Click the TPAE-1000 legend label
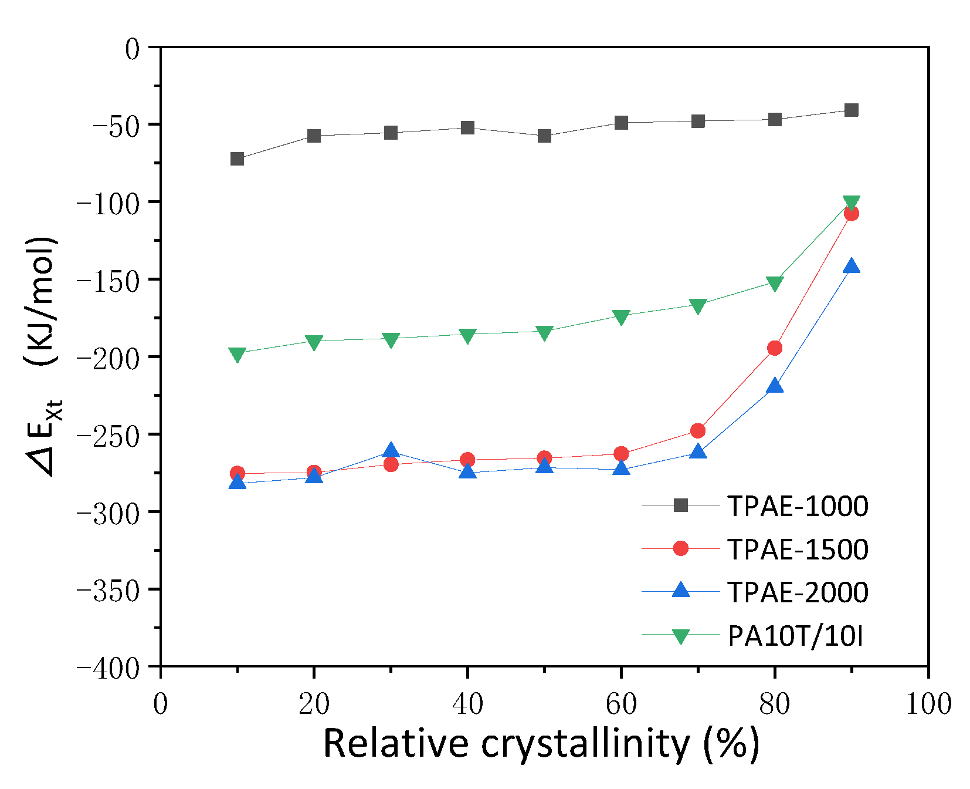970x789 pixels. [x=798, y=506]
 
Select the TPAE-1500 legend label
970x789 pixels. [x=798, y=549]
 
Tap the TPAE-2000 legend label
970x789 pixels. [x=798, y=592]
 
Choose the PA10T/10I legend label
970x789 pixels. [x=795, y=636]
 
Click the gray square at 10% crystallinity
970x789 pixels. [x=238, y=159]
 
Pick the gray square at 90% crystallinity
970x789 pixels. [x=852, y=110]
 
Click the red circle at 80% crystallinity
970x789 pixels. [x=775, y=349]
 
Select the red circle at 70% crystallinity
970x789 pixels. [x=698, y=431]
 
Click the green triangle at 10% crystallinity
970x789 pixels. [x=238, y=355]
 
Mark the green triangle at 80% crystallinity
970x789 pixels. [x=775, y=284]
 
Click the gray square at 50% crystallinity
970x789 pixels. [x=545, y=136]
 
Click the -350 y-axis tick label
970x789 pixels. [x=108, y=589]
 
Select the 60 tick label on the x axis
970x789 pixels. [x=621, y=704]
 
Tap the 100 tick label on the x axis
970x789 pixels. [x=928, y=704]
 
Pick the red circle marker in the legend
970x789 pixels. [x=681, y=548]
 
